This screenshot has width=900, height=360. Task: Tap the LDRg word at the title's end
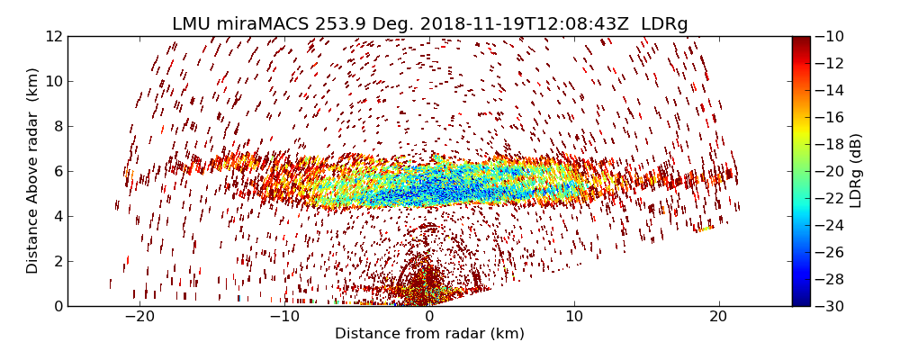pyautogui.click(x=664, y=24)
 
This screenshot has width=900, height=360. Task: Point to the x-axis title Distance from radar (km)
pyautogui.click(x=429, y=334)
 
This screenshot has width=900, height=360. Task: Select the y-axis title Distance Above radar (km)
pyautogui.click(x=33, y=171)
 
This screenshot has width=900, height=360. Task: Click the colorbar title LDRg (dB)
pyautogui.click(x=856, y=171)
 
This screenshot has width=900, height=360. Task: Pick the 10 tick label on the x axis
pyautogui.click(x=574, y=317)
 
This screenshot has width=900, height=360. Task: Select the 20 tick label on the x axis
pyautogui.click(x=718, y=317)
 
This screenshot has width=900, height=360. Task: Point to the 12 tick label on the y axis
pyautogui.click(x=52, y=36)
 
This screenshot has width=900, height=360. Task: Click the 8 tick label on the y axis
pyautogui.click(x=56, y=126)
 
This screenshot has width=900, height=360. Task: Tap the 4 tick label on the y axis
pyautogui.click(x=56, y=216)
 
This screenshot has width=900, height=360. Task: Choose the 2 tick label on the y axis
pyautogui.click(x=56, y=261)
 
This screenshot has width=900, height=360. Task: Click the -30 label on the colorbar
pyautogui.click(x=830, y=306)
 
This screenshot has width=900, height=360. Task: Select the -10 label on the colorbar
pyautogui.click(x=830, y=36)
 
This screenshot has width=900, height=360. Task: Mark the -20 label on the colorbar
pyautogui.click(x=830, y=171)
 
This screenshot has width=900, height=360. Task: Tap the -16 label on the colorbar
pyautogui.click(x=830, y=117)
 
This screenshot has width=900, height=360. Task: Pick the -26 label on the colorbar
pyautogui.click(x=830, y=252)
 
